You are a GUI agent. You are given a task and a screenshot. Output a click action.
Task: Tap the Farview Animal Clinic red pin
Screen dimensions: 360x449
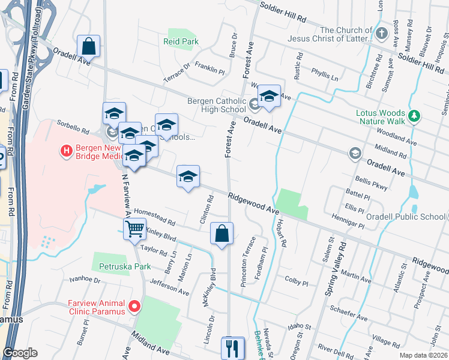pos(134,307)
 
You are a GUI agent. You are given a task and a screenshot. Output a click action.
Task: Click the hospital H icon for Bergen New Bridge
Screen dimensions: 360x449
pos(67,150)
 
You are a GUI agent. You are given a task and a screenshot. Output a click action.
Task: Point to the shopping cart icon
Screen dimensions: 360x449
pos(134,228)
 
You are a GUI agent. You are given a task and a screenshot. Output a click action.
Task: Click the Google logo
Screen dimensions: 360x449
pos(20,353)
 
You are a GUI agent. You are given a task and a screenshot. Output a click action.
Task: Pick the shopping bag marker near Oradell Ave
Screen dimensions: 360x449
pos(88,46)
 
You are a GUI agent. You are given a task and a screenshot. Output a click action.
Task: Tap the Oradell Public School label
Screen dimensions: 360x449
pos(406,217)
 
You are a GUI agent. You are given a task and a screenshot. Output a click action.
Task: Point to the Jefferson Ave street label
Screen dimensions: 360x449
pos(169,289)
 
